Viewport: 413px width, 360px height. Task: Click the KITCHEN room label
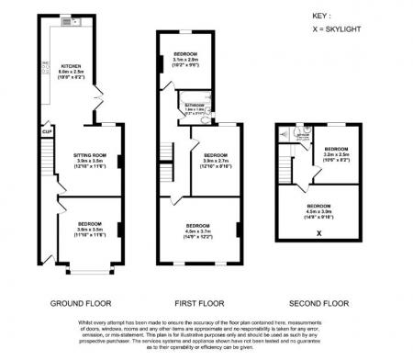click(x=73, y=66)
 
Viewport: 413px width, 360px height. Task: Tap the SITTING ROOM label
click(x=90, y=156)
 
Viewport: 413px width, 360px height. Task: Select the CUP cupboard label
click(x=46, y=131)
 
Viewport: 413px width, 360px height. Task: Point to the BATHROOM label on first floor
click(x=193, y=107)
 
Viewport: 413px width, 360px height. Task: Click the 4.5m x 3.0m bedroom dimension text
click(x=318, y=210)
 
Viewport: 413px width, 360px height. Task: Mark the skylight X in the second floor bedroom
click(x=318, y=233)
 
